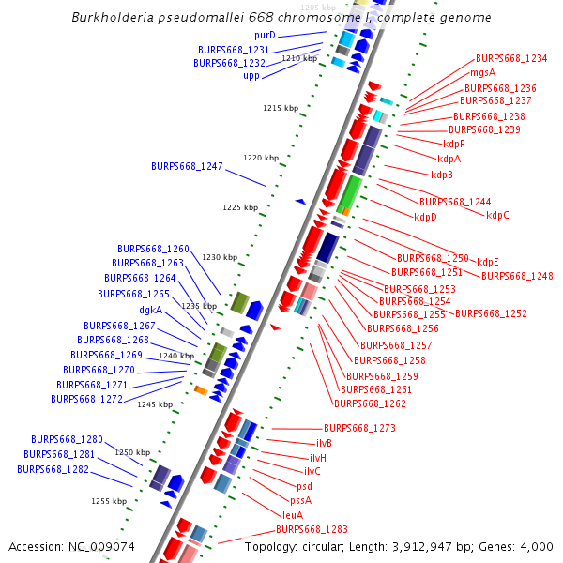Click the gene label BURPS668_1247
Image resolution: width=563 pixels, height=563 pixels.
tap(187, 166)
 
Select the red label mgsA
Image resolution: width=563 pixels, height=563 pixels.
tap(482, 72)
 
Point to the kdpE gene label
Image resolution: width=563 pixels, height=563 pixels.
tap(488, 262)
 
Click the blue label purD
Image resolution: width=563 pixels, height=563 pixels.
tap(264, 35)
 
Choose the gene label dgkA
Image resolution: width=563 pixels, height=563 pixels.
tap(150, 310)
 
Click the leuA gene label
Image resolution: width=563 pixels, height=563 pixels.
tap(293, 515)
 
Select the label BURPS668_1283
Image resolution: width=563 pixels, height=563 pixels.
tap(312, 529)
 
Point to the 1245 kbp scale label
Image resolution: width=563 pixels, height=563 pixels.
tap(155, 404)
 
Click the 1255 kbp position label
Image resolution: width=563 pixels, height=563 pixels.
tap(109, 501)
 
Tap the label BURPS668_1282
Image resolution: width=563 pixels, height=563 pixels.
tap(53, 469)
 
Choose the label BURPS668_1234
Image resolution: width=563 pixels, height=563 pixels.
tap(511, 58)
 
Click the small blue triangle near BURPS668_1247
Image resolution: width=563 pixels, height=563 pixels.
tap(300, 200)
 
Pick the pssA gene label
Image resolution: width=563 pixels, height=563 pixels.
tap(300, 500)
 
